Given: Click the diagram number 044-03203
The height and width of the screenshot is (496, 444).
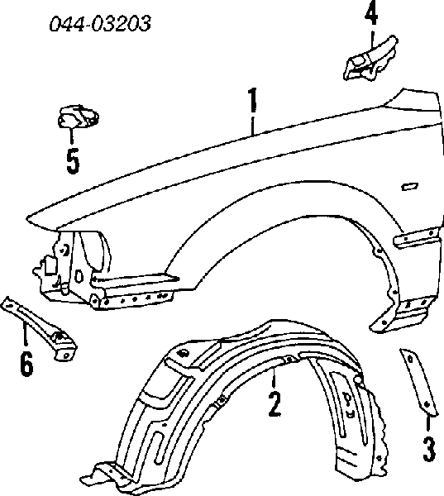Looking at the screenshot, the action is coord(100,23).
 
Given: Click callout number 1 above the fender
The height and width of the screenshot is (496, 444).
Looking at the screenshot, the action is coord(252,100).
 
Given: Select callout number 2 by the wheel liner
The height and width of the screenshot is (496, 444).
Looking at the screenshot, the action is coord(274,404).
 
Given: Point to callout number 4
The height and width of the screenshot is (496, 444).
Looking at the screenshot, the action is coord(371,14).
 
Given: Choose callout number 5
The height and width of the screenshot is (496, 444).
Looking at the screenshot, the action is coord(73,161).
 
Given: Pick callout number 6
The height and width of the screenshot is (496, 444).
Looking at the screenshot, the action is coord(26,364).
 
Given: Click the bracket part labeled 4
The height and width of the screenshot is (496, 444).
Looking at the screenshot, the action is coord(370,60).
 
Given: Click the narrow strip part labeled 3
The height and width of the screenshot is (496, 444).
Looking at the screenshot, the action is coord(418,382).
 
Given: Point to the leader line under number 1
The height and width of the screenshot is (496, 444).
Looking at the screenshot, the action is coord(252,126).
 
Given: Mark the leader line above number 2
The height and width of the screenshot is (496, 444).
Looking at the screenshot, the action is coord(274,378).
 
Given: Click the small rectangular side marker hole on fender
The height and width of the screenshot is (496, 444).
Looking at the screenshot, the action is coord(409,187).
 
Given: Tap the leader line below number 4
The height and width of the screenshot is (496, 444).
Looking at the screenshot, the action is coord(372,40).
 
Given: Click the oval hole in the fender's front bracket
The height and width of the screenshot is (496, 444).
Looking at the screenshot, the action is coord(79,276).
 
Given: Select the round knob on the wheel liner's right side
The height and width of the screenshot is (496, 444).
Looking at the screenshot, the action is coord(357,379).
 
